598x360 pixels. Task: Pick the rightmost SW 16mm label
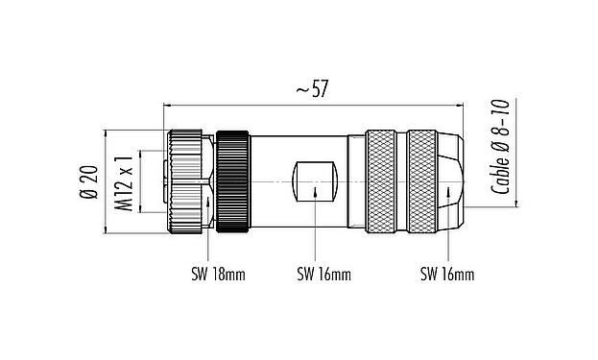[446, 275]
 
